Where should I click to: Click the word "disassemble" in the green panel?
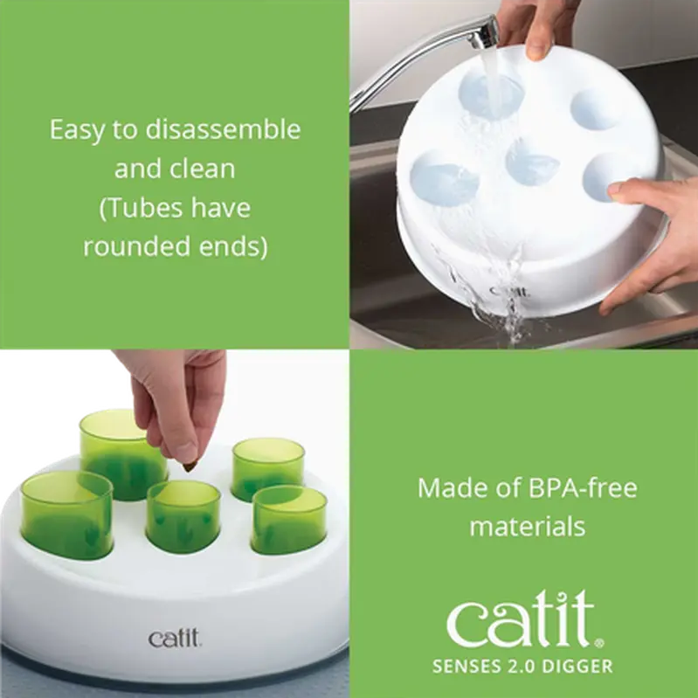[x=223, y=129]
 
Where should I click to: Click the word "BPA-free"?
[x=583, y=487]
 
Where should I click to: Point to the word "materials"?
[x=527, y=527]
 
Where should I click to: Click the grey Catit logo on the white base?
[x=174, y=639]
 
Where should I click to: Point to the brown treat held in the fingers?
[x=190, y=466]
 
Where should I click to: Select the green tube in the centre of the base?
[x=183, y=515]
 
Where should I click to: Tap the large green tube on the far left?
[x=66, y=515]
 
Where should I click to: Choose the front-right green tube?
[x=289, y=520]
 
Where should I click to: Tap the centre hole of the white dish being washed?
[x=532, y=162]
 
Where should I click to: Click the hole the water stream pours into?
[x=491, y=94]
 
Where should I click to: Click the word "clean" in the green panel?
[x=204, y=169]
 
